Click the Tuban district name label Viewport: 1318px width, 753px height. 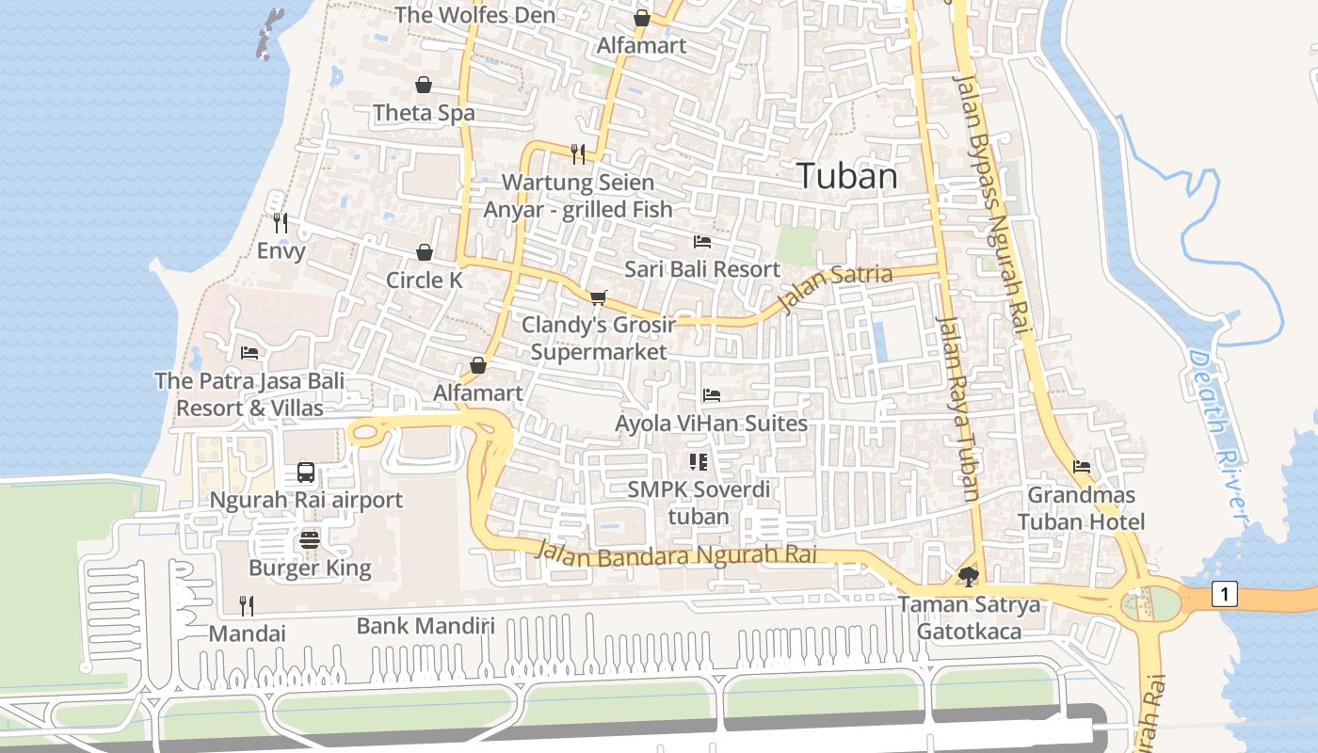point(846,176)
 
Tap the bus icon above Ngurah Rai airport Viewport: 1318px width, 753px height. point(306,473)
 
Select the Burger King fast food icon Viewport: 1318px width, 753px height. point(310,540)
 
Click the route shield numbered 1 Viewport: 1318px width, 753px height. point(1224,595)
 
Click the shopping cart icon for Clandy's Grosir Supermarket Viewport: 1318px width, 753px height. point(598,297)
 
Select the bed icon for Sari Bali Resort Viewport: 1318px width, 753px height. point(702,242)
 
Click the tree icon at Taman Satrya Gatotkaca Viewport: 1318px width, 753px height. point(968,576)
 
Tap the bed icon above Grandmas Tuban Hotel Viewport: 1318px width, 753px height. point(1081,467)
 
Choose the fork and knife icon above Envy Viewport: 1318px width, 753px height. point(280,223)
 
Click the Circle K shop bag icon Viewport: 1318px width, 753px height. point(425,252)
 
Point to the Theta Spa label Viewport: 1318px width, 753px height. point(424,113)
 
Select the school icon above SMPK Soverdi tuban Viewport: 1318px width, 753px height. point(698,461)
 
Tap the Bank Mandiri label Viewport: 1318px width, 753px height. point(426,626)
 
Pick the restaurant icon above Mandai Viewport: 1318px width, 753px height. point(247,605)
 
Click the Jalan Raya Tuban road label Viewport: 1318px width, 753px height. point(959,408)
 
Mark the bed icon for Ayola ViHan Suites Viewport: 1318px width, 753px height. point(712,395)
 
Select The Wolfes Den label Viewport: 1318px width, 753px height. point(474,15)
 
